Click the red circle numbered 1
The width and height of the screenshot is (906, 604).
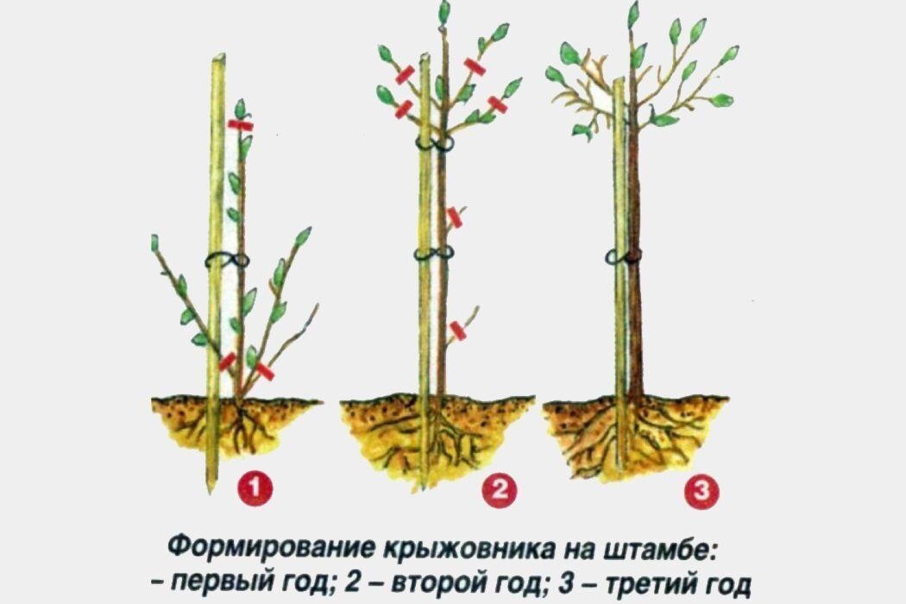click(255, 489)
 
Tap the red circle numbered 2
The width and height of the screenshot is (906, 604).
click(500, 490)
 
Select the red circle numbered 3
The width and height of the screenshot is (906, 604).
click(702, 492)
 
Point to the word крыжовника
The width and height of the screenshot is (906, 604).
click(469, 546)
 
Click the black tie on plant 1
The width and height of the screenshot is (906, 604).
click(227, 261)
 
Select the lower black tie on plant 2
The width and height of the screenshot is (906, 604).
click(434, 253)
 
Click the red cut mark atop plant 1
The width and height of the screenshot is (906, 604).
click(241, 125)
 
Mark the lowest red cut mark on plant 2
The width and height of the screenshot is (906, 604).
click(457, 331)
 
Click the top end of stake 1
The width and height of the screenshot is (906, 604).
click(218, 57)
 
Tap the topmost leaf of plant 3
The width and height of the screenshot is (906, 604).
click(634, 13)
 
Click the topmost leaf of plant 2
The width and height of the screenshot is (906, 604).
click(444, 11)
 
